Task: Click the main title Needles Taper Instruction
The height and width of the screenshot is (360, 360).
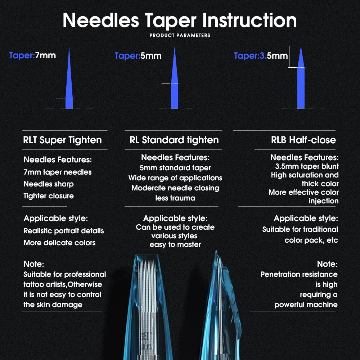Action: [x=180, y=21]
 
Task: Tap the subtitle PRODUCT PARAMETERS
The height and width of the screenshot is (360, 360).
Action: [x=180, y=36]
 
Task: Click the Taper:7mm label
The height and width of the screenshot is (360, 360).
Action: [x=32, y=55]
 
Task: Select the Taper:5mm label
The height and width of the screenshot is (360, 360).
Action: [x=138, y=56]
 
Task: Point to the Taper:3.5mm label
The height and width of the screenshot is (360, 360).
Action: [x=261, y=56]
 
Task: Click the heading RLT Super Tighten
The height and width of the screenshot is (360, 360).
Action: [x=62, y=140]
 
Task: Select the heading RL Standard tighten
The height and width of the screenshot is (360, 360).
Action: [x=174, y=140]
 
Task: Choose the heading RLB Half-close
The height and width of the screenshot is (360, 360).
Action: [x=303, y=140]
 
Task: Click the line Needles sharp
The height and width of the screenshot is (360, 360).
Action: [x=49, y=184]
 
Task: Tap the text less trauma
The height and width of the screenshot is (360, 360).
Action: [x=175, y=198]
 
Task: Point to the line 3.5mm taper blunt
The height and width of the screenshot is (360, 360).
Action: [x=307, y=166]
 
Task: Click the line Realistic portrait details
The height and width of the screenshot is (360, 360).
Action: [x=64, y=231]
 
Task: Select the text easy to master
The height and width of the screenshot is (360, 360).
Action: [x=175, y=245]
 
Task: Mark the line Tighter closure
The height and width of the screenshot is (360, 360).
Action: [x=49, y=196]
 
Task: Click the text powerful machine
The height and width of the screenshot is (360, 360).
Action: [x=306, y=305]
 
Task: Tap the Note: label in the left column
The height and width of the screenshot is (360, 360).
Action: [x=33, y=264]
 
